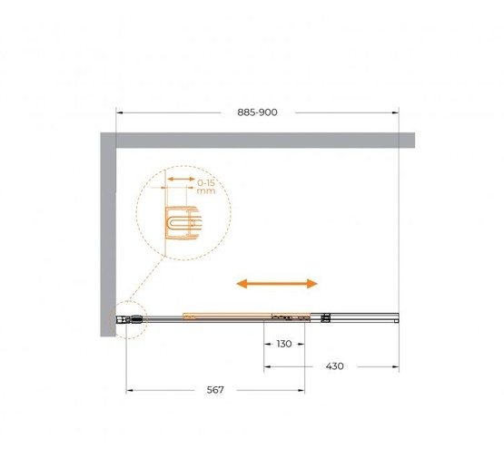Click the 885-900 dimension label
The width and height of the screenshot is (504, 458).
257,112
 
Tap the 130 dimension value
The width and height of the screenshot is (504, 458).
284,344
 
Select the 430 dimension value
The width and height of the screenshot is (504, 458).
334,366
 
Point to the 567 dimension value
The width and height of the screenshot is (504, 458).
215,390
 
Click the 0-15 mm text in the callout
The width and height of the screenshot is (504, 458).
206,187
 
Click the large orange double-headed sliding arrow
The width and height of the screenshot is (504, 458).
277,284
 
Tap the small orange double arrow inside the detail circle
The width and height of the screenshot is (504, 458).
182,179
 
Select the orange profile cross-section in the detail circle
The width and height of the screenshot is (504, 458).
183,223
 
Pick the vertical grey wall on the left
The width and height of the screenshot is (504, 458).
108,234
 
